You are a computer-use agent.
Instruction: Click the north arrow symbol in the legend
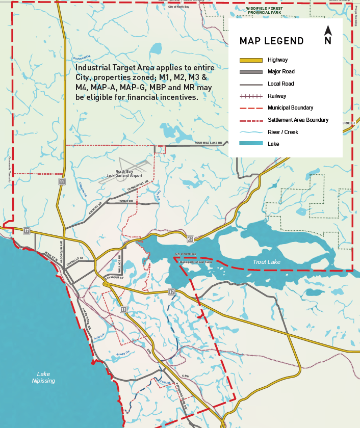coord(328,35)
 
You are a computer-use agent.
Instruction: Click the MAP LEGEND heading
coord(271,41)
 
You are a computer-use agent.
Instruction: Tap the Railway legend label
coord(277,96)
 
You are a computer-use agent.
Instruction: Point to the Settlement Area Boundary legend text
coord(298,120)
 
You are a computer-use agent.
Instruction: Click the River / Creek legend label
coord(282,132)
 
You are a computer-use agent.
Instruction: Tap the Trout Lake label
coord(266,262)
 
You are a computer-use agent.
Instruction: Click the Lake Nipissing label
coord(43,378)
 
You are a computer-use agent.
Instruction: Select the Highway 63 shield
coord(190,238)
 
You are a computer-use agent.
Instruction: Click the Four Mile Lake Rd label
coord(209,143)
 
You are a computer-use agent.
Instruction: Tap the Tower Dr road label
coord(125,201)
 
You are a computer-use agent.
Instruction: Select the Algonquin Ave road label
coord(61,248)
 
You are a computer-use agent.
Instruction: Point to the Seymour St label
coord(115,277)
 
